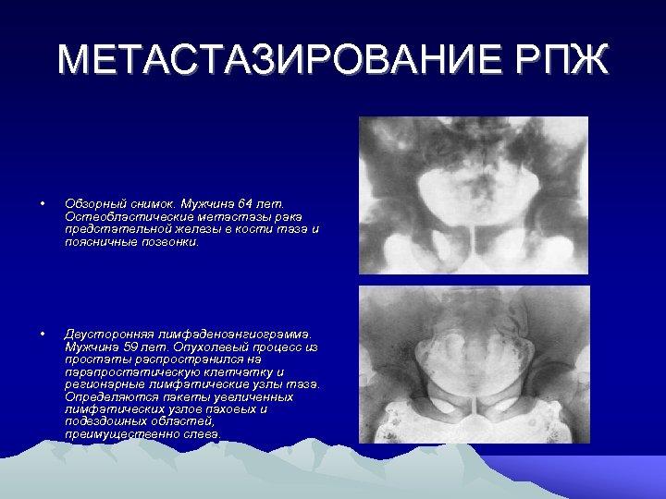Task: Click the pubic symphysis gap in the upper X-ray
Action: [x=474, y=242]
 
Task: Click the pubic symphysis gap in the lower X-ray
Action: [x=475, y=407]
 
